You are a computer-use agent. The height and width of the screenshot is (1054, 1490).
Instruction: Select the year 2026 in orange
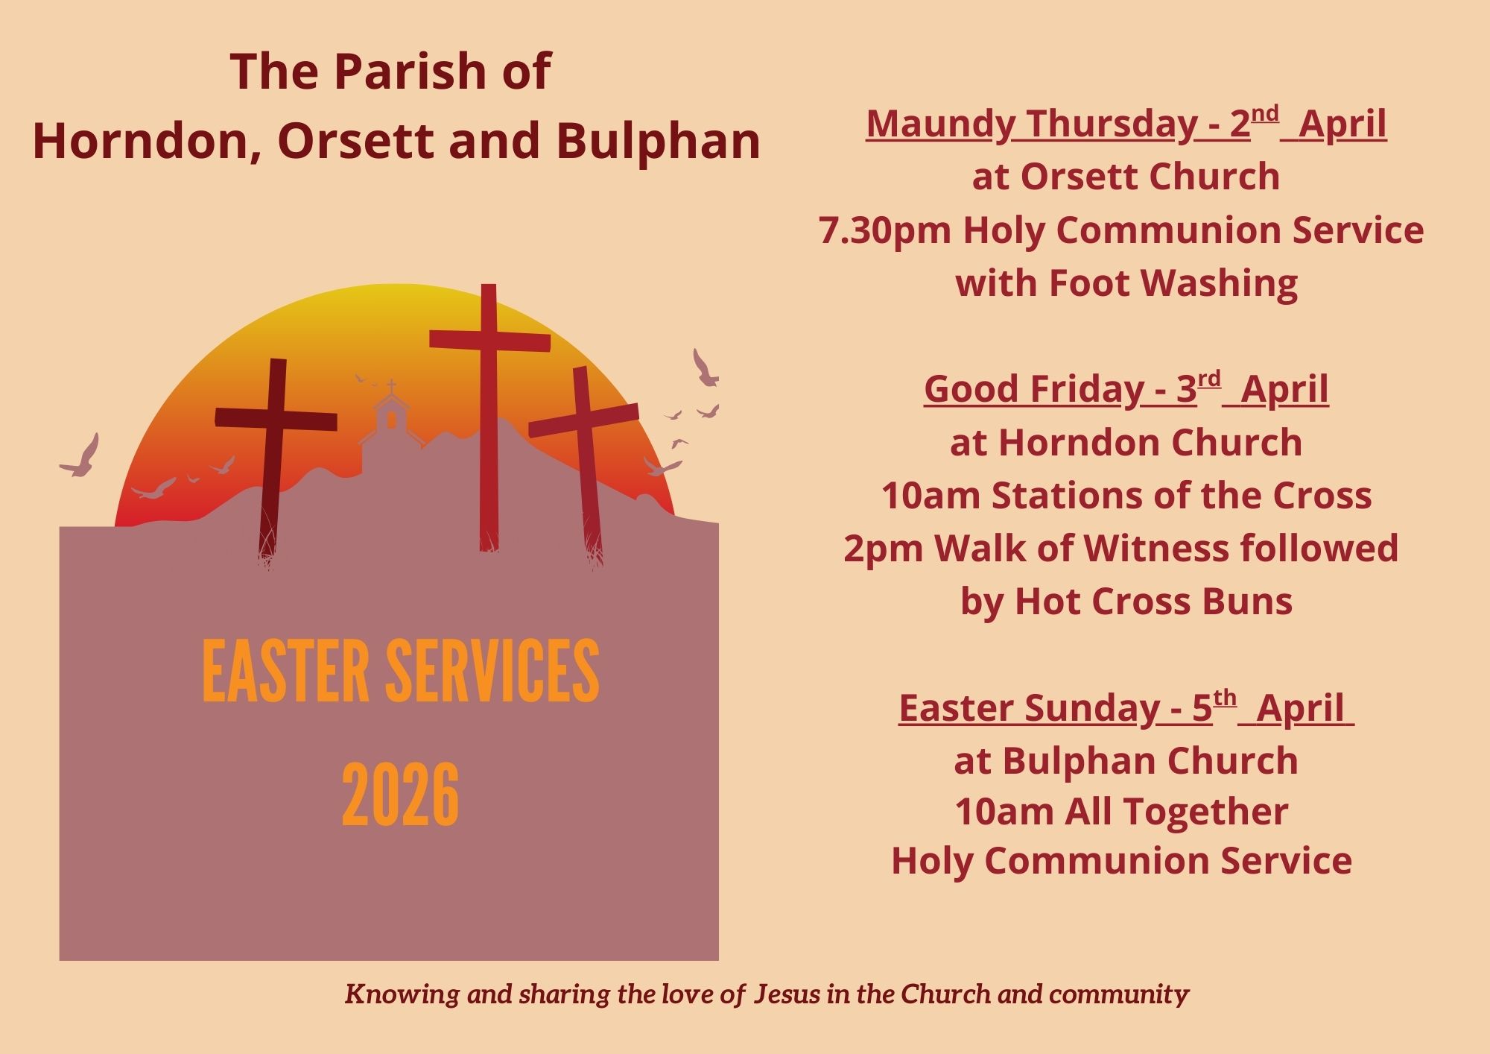click(401, 795)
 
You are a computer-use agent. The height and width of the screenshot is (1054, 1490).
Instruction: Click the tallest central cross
click(489, 417)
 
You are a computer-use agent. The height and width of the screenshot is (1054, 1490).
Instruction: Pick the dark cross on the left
click(275, 458)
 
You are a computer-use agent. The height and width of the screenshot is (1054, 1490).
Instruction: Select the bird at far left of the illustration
click(80, 457)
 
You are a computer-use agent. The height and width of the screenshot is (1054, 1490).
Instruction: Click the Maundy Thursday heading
click(1126, 124)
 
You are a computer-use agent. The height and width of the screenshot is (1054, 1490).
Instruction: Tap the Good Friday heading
click(1126, 389)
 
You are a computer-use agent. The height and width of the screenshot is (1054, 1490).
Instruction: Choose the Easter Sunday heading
click(1126, 707)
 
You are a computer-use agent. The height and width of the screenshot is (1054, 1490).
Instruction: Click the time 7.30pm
click(885, 230)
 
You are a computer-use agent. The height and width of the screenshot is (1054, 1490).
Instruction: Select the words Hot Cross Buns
click(1154, 602)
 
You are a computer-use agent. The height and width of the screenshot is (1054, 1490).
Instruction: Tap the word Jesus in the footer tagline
click(787, 994)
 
